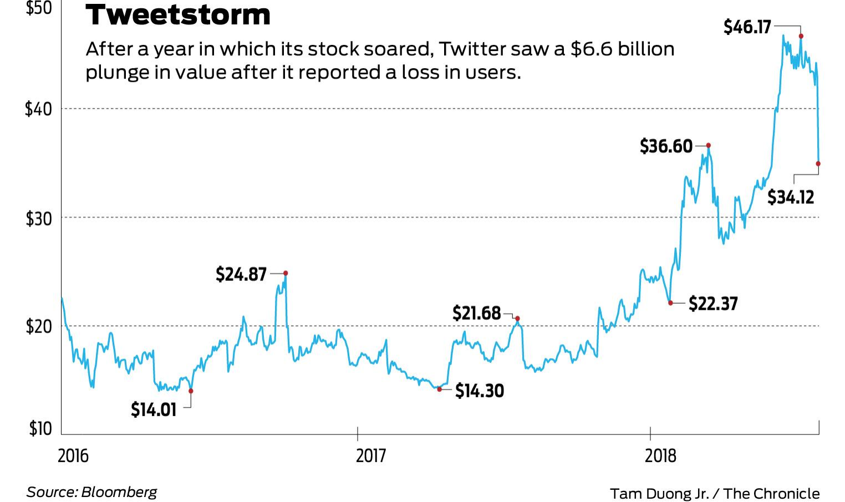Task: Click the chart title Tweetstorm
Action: coord(178,15)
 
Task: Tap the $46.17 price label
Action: coord(747,27)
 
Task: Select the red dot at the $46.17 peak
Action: coord(801,36)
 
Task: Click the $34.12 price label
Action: coord(791,197)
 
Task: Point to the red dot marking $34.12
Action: coord(818,163)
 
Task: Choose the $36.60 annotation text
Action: coord(666,146)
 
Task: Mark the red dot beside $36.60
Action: coord(708,146)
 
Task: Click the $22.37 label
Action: coord(713,304)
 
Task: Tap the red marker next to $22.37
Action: coord(670,303)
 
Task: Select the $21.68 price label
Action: coord(476,313)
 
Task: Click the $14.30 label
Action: coord(480,391)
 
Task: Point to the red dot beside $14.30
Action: coord(440,390)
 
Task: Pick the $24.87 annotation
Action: coord(241,274)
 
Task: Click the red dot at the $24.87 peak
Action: coord(286,273)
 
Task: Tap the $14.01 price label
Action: coord(154,409)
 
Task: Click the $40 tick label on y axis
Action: coord(38,109)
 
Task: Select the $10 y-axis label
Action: coord(40,429)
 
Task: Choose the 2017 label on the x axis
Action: coord(370,456)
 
